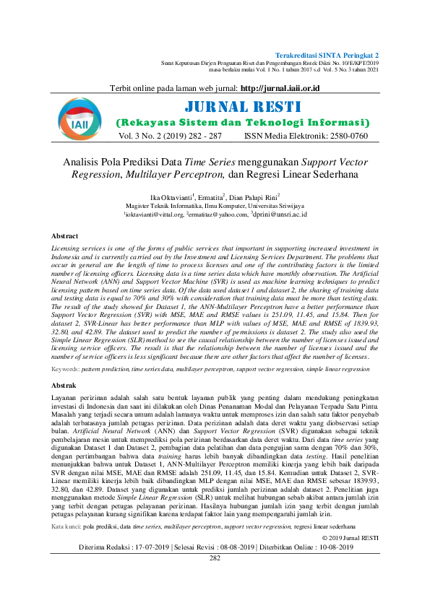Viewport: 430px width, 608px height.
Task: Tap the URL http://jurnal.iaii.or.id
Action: click(x=280, y=88)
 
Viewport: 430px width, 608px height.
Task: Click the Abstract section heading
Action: click(x=65, y=236)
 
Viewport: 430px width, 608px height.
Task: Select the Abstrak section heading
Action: click(x=64, y=386)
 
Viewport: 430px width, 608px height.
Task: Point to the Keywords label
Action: click(x=64, y=369)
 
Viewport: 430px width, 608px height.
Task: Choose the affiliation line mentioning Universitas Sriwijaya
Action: click(x=215, y=206)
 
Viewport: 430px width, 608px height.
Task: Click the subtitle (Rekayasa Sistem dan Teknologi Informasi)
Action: click(x=243, y=123)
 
